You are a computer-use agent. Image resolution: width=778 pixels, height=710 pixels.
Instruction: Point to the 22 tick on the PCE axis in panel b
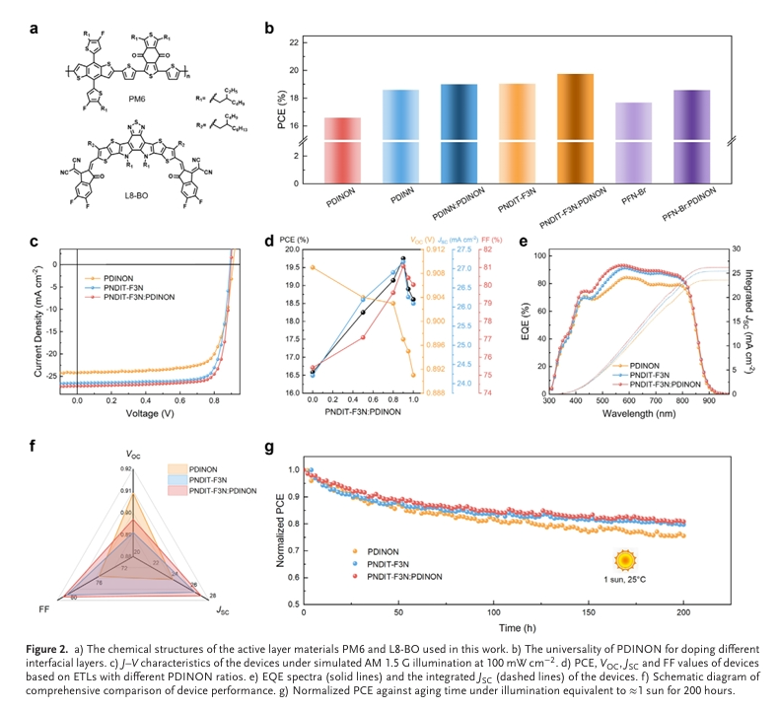(293, 42)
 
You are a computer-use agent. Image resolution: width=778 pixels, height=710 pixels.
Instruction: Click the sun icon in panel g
(623, 559)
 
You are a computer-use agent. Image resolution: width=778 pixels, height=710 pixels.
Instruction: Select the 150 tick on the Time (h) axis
(588, 614)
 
